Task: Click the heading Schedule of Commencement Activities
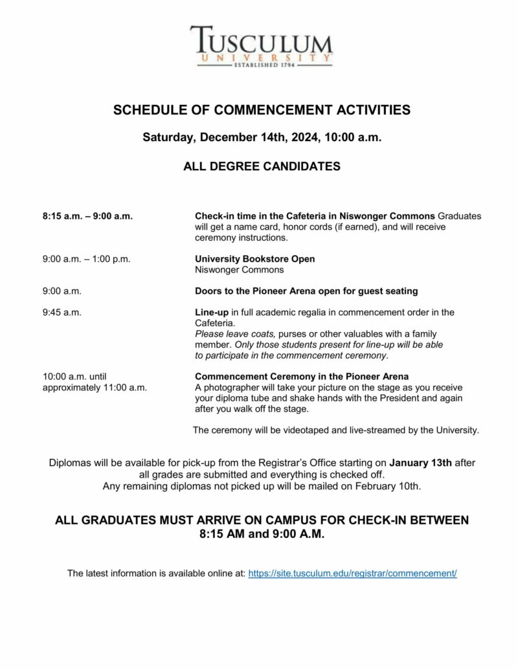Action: [262, 110]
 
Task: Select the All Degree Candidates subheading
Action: [262, 166]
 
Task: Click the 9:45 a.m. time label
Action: [62, 313]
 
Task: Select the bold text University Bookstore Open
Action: [255, 259]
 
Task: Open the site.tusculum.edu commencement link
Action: [352, 574]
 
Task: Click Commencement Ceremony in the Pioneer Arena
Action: [302, 377]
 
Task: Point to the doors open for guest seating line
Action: [306, 291]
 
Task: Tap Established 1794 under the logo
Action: [261, 66]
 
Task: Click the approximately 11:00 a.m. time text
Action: [95, 388]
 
